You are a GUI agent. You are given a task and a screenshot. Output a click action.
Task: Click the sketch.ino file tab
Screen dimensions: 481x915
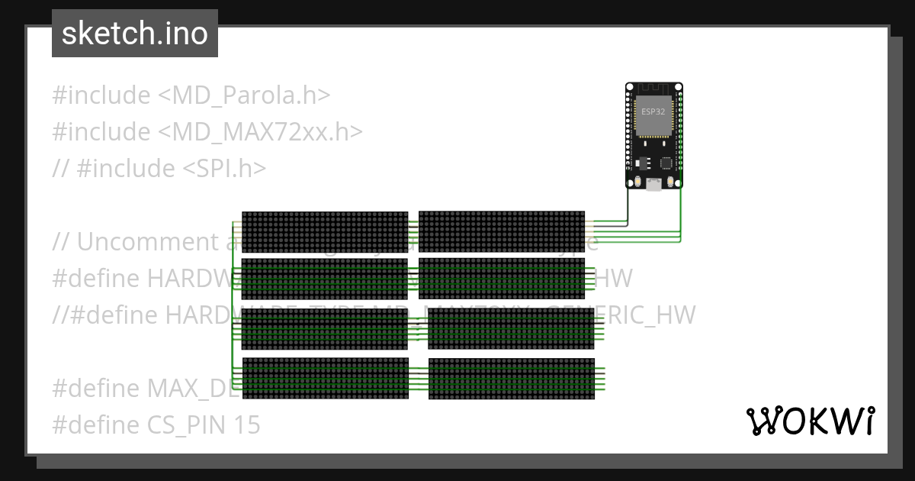pyautogui.click(x=134, y=34)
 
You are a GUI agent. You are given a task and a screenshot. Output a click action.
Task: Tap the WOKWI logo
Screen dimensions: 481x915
pyautogui.click(x=810, y=421)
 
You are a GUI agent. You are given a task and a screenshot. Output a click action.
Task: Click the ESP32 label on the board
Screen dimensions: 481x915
pyautogui.click(x=653, y=111)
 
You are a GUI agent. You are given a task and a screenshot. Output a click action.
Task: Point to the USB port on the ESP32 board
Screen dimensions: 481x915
pyautogui.click(x=654, y=183)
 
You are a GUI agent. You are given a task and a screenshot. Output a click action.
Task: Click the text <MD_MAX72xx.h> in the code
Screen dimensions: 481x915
pyautogui.click(x=260, y=132)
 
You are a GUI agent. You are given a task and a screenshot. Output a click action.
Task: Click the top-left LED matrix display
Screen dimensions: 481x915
pyautogui.click(x=325, y=231)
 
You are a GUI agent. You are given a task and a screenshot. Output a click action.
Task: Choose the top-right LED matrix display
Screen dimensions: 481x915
pyautogui.click(x=502, y=231)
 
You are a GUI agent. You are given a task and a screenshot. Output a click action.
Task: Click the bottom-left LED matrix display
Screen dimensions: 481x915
pyautogui.click(x=325, y=378)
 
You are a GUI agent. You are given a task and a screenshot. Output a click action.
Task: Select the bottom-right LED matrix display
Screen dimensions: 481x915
pyautogui.click(x=511, y=379)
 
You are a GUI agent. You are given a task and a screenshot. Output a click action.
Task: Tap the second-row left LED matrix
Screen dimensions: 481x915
pyautogui.click(x=325, y=279)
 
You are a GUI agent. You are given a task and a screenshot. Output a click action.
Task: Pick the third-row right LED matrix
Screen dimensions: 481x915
pyautogui.click(x=511, y=329)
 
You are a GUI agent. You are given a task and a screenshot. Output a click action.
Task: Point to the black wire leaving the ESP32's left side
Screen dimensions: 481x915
pyautogui.click(x=628, y=206)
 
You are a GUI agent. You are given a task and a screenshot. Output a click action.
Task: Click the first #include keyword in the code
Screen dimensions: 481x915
pyautogui.click(x=101, y=95)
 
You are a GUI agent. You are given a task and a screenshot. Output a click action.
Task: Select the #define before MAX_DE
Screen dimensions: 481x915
pyautogui.click(x=97, y=388)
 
